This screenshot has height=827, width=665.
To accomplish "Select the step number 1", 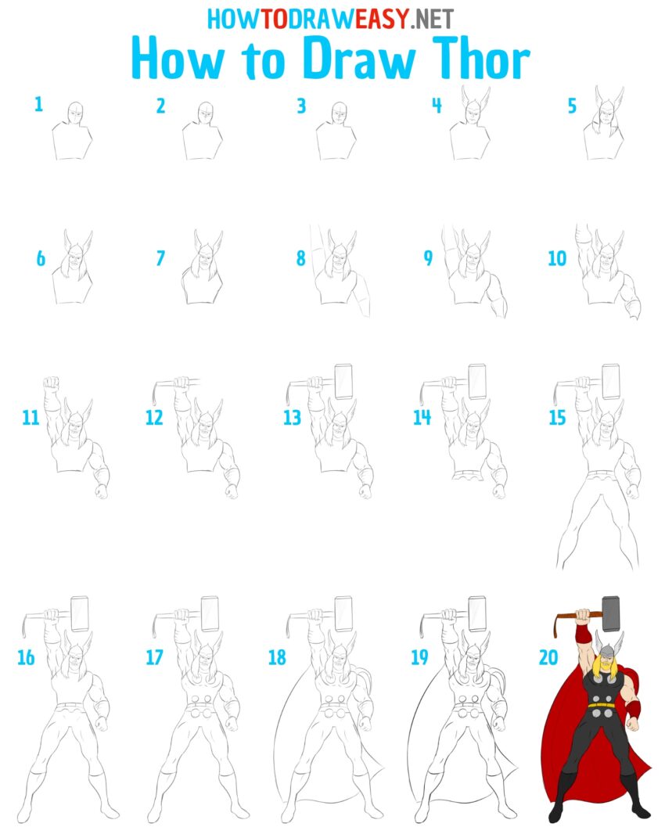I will pos(38,105).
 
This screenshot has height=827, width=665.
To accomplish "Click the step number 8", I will pos(301,258).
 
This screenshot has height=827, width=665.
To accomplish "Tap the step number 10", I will pos(556,258).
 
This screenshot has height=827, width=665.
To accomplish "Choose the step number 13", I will pos(292,418).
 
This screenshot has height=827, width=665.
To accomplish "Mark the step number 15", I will pos(556,418).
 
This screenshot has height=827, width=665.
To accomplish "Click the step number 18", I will pos(277,657).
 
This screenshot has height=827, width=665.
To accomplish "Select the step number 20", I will pos(548,657).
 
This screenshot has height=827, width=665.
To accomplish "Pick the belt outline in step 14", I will pos(469,475).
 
